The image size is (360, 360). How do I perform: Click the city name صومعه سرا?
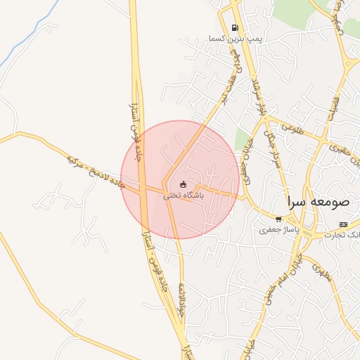pos(317,202)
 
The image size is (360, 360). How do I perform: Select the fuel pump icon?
pos(233,28)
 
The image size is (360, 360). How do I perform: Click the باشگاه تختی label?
pos(184,195)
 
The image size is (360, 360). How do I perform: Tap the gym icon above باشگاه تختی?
pos(184,184)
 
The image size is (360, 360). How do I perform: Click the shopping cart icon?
pos(278,219)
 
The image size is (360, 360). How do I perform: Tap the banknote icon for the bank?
pos(343,224)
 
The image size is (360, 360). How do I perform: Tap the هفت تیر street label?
pos(229,86)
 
